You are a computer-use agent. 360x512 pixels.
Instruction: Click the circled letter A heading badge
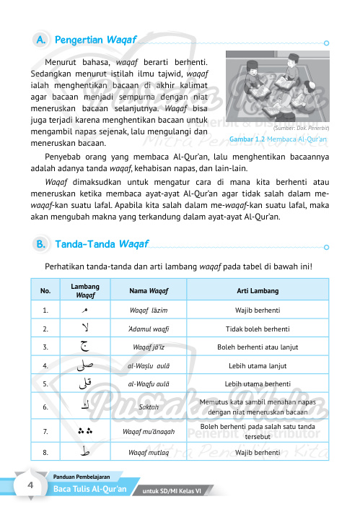(41, 38)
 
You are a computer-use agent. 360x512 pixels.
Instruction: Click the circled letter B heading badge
(41, 245)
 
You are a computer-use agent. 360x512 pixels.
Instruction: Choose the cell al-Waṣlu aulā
(149, 366)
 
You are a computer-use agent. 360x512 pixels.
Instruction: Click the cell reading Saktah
(149, 407)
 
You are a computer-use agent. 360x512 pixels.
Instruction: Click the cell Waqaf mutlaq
(149, 453)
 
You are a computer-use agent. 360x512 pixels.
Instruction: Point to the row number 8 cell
(45, 453)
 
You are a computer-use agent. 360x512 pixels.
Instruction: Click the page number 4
(31, 485)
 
